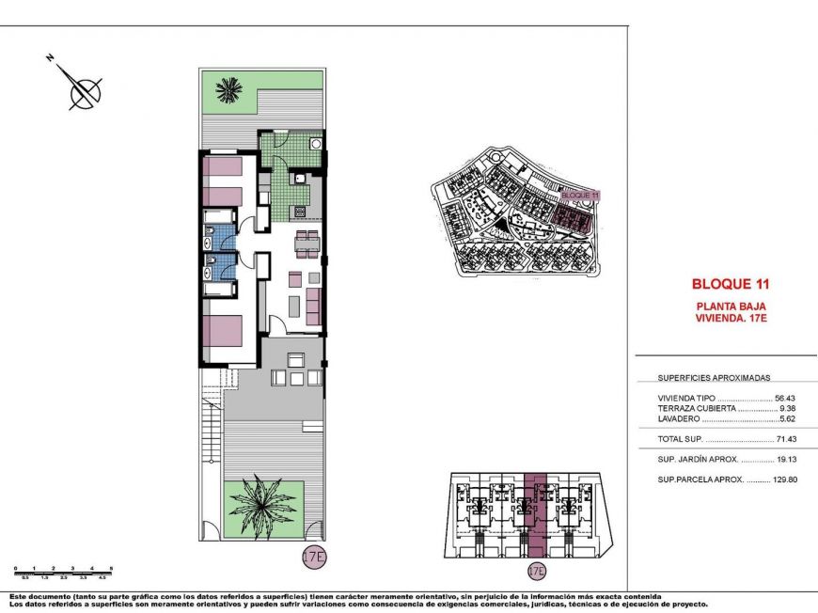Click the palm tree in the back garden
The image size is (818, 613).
(x=227, y=90)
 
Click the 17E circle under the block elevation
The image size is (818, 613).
(x=537, y=571)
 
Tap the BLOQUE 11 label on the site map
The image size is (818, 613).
(x=579, y=195)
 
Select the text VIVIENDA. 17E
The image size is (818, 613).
(x=731, y=319)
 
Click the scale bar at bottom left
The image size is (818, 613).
(x=63, y=570)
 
